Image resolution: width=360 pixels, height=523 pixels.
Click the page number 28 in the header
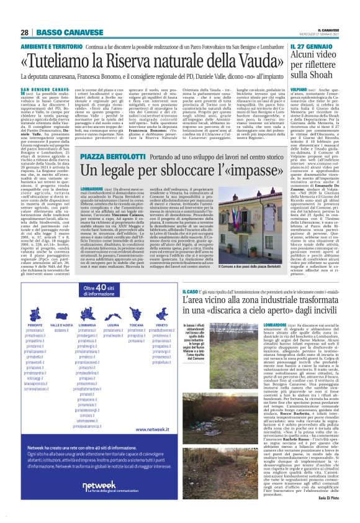click(x=24, y=32)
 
